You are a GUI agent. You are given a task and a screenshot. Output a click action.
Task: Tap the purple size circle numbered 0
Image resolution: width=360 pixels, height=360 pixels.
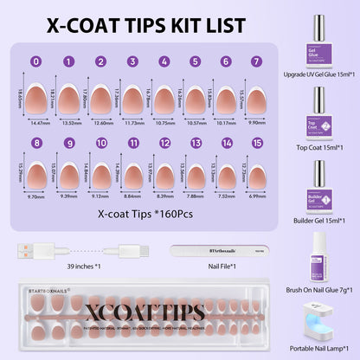coord(35,61)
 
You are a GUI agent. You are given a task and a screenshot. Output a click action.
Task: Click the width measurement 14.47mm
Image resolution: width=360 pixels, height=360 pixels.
coord(40,123)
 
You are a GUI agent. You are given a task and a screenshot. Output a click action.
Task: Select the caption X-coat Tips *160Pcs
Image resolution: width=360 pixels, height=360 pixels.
coord(138,211)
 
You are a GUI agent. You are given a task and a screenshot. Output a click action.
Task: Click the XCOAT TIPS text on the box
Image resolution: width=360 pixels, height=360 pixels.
coord(136,310)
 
